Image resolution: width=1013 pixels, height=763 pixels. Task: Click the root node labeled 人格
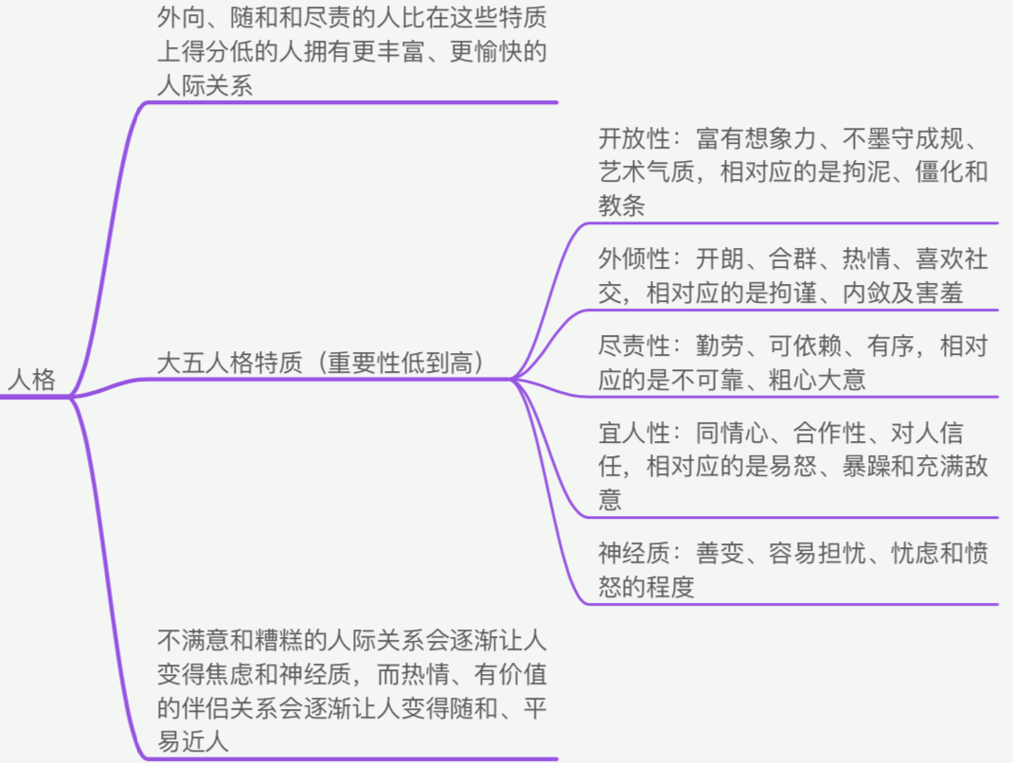point(31,380)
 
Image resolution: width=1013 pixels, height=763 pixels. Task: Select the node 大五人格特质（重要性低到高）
point(322,363)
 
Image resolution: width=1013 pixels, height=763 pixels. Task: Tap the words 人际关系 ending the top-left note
point(205,85)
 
